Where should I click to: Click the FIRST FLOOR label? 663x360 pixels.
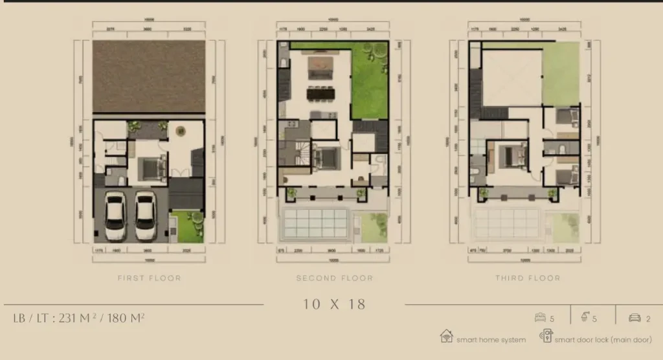tap(149, 278)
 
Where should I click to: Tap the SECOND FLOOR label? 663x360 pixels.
tap(335, 278)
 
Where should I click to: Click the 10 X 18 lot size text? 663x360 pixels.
tap(335, 304)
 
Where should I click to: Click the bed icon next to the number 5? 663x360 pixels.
tap(540, 318)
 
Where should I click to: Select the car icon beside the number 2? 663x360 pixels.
tap(634, 318)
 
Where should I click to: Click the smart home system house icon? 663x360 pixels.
tap(446, 337)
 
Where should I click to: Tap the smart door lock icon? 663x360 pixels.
tap(546, 337)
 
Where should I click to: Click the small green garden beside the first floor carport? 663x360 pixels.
tap(186, 227)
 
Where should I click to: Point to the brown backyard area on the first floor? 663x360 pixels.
tap(148, 76)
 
